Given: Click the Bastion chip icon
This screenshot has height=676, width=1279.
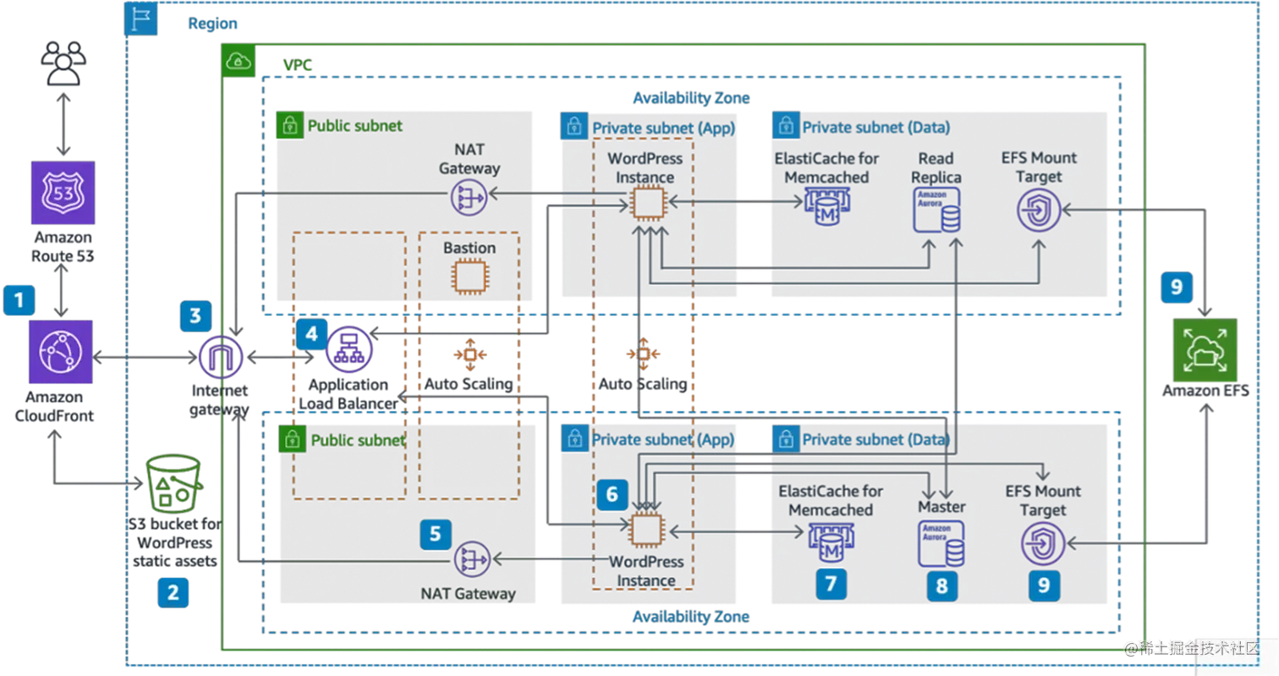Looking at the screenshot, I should [x=468, y=277].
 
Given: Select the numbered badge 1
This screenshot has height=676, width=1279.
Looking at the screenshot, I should [x=19, y=300].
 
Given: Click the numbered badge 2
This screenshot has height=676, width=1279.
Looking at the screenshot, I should [x=173, y=592].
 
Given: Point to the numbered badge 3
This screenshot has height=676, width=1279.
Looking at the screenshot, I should [x=195, y=316].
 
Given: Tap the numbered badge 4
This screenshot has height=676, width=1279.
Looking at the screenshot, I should [x=311, y=333].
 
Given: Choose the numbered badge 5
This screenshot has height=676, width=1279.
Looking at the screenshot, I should [x=436, y=534].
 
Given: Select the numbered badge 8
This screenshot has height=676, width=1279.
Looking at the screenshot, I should [x=942, y=585].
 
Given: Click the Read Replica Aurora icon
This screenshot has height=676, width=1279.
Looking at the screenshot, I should [x=936, y=210].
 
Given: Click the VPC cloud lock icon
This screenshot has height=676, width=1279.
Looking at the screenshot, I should [x=238, y=62].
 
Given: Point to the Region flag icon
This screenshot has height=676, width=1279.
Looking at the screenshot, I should [x=141, y=19].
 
